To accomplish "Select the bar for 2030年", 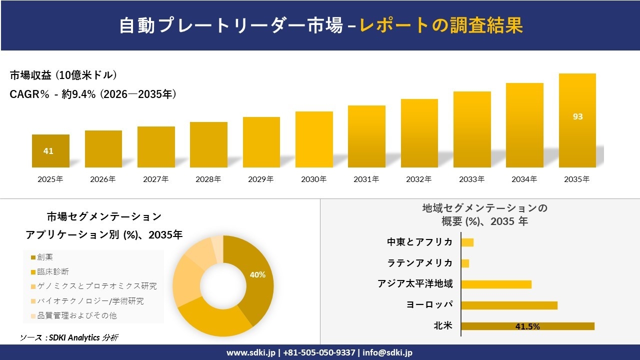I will click(x=314, y=139).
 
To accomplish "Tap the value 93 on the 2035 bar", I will click(x=577, y=116).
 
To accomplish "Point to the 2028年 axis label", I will click(x=208, y=179).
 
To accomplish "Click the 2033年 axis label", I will click(x=472, y=179).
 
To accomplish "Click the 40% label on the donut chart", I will click(x=257, y=274).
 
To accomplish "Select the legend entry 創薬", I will click(x=45, y=257).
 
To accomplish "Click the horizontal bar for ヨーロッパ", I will click(x=509, y=305).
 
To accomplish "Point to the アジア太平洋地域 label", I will click(x=415, y=284).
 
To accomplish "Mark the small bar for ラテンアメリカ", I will click(x=465, y=263).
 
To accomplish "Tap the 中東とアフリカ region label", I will click(x=419, y=242).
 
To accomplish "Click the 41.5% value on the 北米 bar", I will click(x=527, y=326).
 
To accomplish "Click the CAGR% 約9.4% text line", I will click(x=93, y=94).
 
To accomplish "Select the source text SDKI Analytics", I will click(x=72, y=337).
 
